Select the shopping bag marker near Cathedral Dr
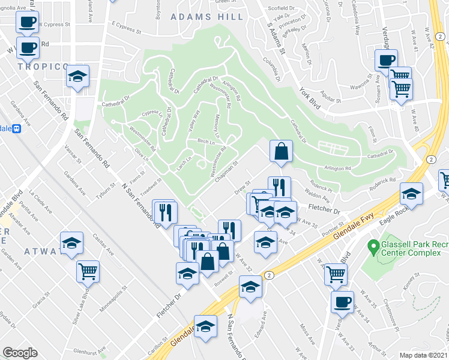coord(281,151)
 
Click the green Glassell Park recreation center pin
coord(373,245)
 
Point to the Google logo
coord(20,353)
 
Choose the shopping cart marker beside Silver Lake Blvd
coord(88,271)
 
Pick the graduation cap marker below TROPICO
coord(77,76)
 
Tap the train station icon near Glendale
coord(17,128)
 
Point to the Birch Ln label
coord(205,143)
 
